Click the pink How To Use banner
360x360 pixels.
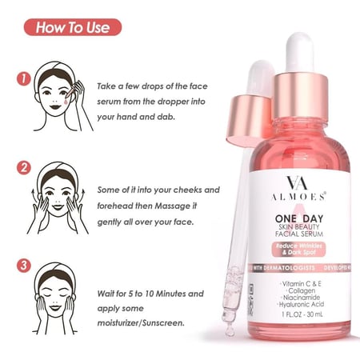pos(73,27)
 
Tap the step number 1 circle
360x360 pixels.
pos(24,79)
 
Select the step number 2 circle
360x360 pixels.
pos(24,168)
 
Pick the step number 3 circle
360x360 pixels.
pos(24,266)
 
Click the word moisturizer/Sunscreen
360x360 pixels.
pos(141,323)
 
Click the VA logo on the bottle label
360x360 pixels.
pos(297,182)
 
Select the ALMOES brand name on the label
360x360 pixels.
pos(298,197)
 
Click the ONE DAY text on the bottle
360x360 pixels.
pos(299,218)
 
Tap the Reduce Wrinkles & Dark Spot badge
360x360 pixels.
pos(298,249)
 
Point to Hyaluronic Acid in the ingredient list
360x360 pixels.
pos(301,304)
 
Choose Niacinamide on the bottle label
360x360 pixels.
pos(301,298)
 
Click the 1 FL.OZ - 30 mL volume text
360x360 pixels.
pos(302,314)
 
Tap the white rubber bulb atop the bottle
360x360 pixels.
pos(300,53)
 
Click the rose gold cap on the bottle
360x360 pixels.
pos(301,96)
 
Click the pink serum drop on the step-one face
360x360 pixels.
pos(66,101)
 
